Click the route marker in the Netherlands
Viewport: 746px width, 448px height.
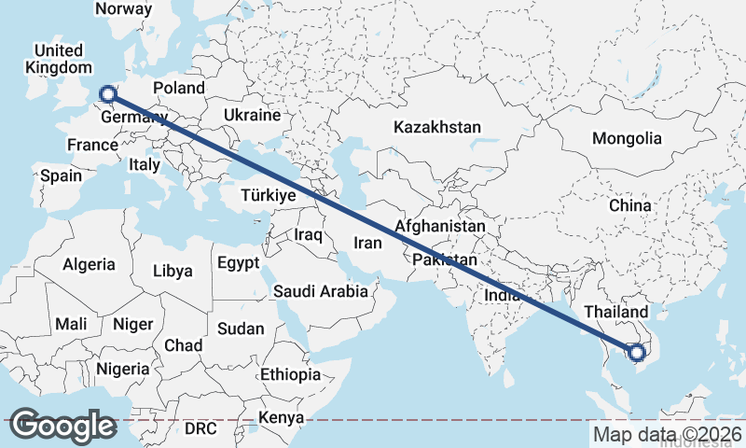click(107, 92)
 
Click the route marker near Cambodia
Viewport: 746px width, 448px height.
click(636, 353)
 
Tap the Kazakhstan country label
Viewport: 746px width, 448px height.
click(436, 127)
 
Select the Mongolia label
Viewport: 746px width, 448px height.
click(627, 139)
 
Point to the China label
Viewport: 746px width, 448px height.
click(629, 204)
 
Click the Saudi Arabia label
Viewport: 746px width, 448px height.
click(321, 291)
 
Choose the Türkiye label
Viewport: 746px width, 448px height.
click(268, 195)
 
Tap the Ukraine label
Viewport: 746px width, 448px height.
click(252, 116)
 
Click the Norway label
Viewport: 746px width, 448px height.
click(123, 8)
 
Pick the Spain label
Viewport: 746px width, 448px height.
click(61, 175)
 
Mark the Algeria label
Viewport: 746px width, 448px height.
click(90, 264)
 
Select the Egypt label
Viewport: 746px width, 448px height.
click(238, 263)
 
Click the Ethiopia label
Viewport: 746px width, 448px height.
click(290, 374)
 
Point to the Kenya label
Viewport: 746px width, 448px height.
click(281, 417)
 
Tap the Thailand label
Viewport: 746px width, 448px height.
click(615, 311)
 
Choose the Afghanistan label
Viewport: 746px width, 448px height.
click(440, 226)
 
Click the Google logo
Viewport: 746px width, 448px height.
click(62, 426)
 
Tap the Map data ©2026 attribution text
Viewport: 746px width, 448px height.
click(667, 434)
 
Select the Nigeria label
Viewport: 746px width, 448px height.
click(121, 369)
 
